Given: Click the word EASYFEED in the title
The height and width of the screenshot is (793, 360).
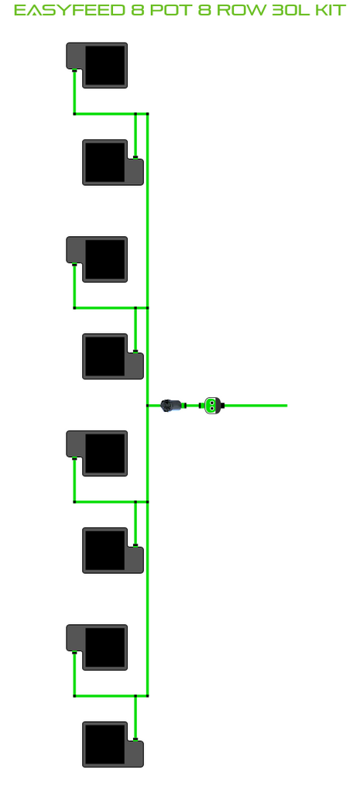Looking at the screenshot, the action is tap(70, 10).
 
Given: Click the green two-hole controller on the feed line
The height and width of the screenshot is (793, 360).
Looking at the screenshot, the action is tap(214, 405).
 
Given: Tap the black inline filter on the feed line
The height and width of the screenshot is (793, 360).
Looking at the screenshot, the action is tap(172, 405).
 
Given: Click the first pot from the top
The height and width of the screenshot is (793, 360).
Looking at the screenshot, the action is tap(97, 65).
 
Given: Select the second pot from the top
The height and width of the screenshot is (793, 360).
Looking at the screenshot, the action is tap(113, 163).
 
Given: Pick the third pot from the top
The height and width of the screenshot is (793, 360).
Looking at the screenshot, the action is tap(97, 259).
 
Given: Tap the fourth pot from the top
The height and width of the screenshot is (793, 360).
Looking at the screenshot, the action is tap(113, 356).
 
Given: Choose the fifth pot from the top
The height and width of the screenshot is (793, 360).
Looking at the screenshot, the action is tap(97, 453).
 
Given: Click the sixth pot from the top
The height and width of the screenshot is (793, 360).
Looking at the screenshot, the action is tap(113, 551).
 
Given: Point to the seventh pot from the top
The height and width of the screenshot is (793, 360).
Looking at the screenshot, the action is tap(97, 647).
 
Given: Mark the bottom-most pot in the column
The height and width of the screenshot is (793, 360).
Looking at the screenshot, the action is tap(113, 744).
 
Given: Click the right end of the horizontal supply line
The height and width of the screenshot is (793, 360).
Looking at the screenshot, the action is tap(286, 405).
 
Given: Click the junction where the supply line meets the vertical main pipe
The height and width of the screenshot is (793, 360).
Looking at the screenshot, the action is tap(147, 405).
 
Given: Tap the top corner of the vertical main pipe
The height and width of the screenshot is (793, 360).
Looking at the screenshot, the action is tap(147, 114).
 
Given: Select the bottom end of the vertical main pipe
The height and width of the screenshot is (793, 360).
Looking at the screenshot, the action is tap(147, 696).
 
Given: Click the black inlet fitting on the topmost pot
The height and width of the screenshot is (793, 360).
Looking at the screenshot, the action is tap(74, 70).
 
